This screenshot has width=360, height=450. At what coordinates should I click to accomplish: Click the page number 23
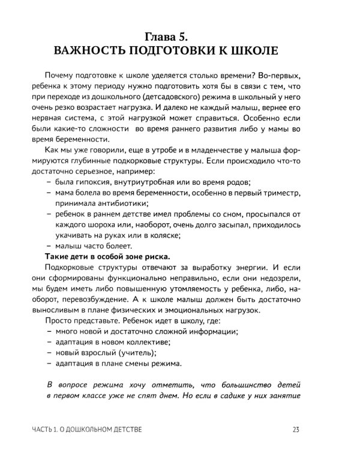296,430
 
